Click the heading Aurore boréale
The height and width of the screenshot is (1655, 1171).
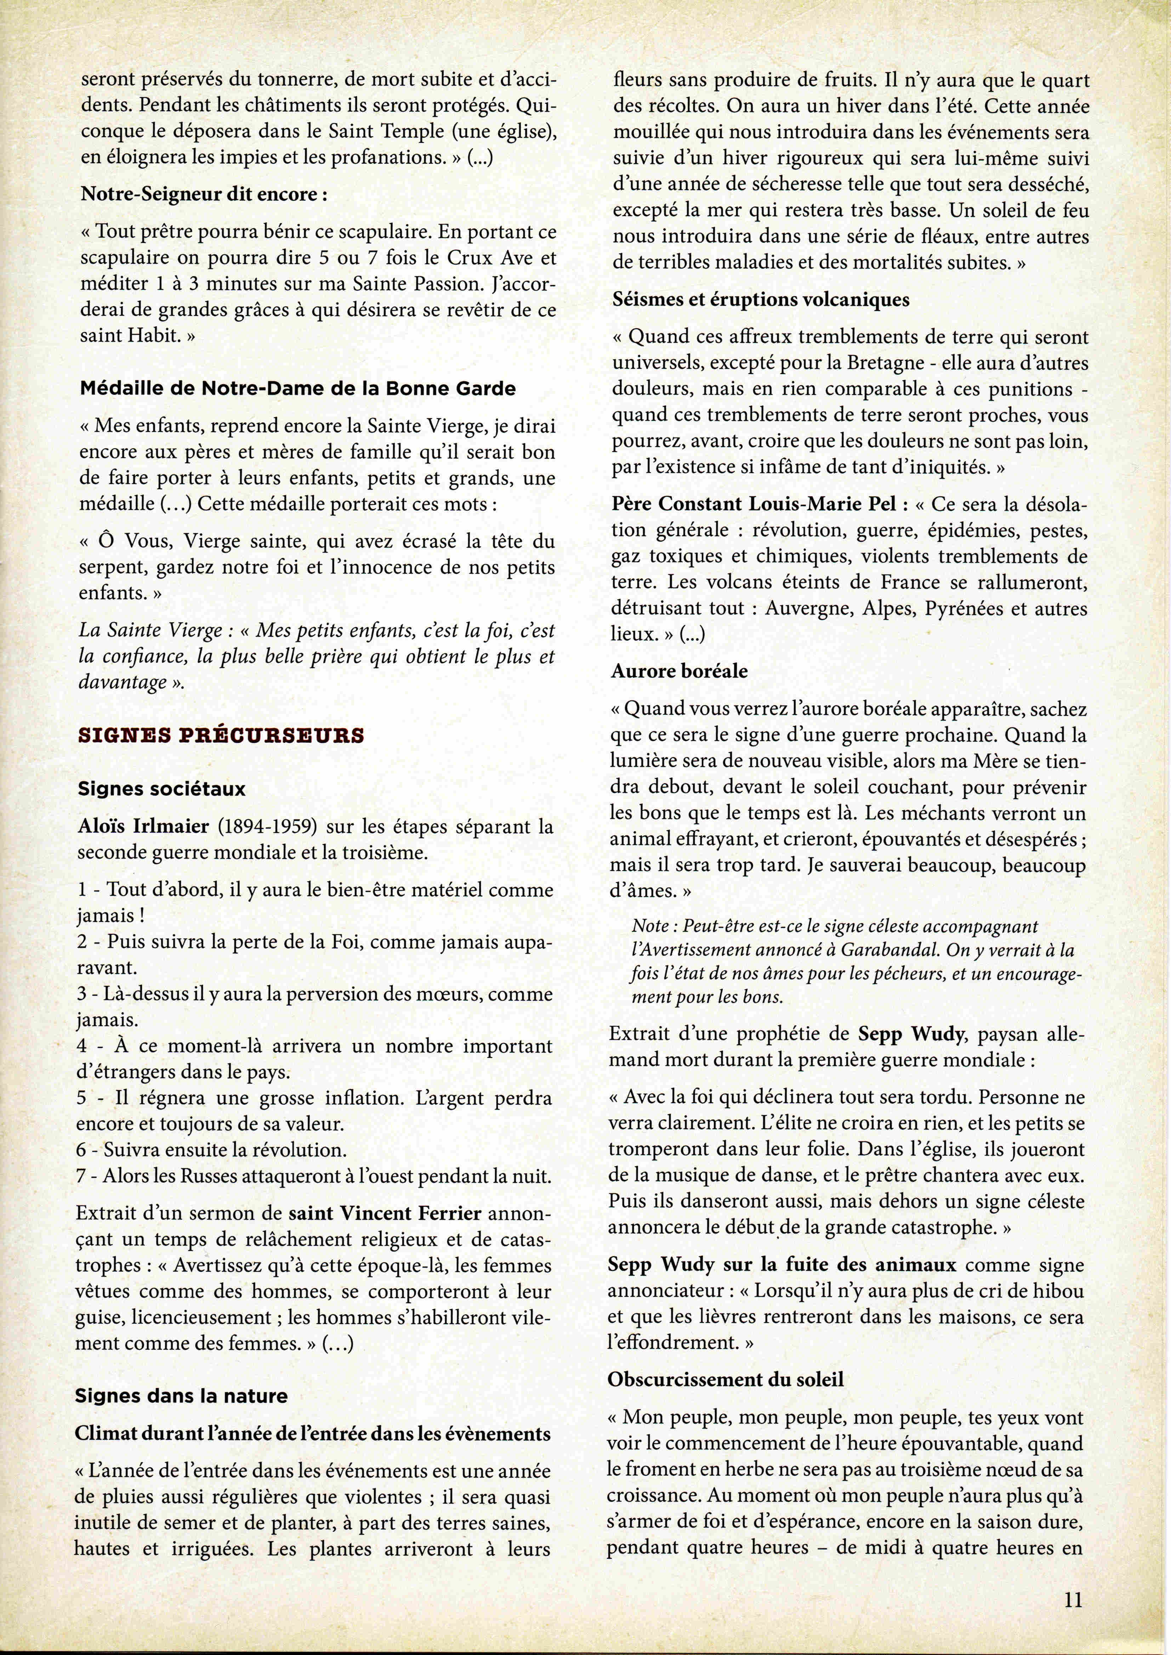679,671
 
